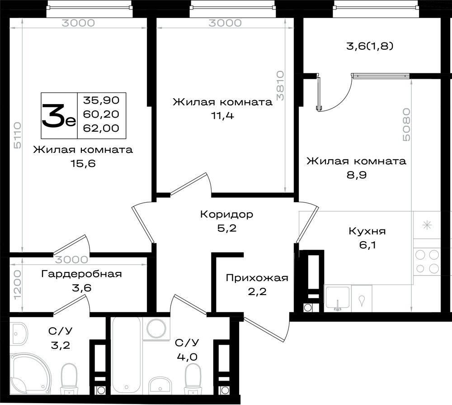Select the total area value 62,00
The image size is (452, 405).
click(x=101, y=128)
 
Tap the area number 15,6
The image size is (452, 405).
click(x=83, y=164)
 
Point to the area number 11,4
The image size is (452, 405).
click(x=222, y=115)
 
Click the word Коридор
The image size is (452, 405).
click(x=226, y=214)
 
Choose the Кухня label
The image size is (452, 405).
click(x=367, y=231)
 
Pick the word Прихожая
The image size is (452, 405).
click(x=257, y=278)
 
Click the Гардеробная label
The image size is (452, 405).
click(x=81, y=274)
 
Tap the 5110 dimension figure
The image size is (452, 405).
click(x=18, y=135)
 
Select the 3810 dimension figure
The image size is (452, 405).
click(x=280, y=86)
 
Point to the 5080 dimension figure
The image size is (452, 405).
click(x=406, y=124)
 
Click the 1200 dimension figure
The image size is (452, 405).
click(x=18, y=285)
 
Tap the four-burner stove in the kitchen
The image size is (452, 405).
click(x=427, y=262)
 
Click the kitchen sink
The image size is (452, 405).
click(x=338, y=299)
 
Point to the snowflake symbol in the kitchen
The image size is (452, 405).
click(x=427, y=225)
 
